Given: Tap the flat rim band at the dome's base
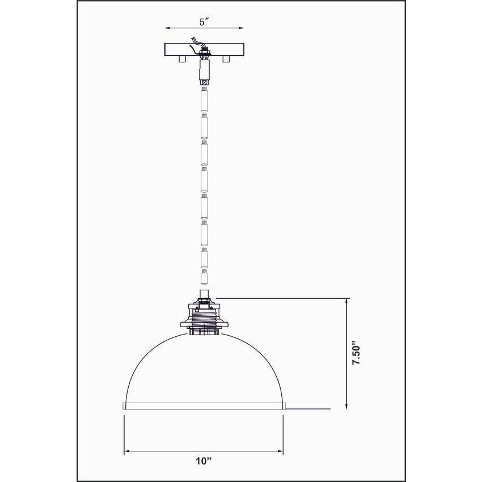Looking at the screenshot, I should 204,405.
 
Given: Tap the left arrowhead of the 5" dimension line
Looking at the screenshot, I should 166,27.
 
